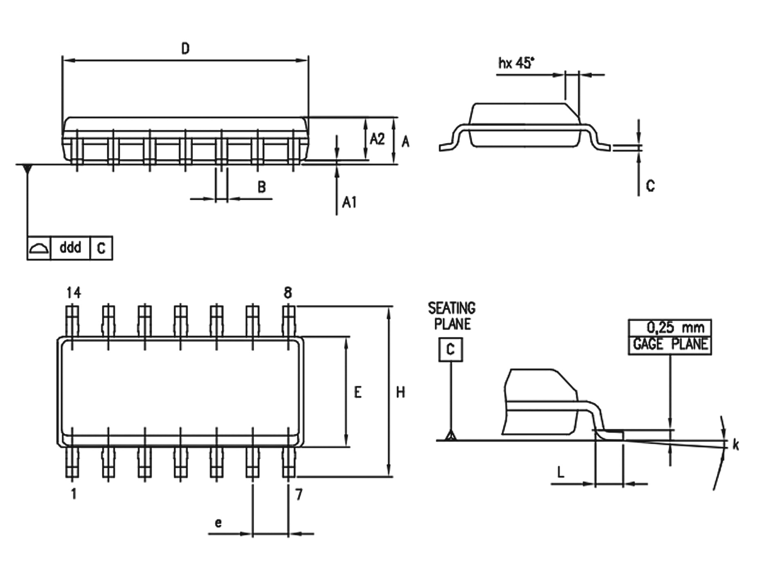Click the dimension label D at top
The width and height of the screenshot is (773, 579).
(185, 49)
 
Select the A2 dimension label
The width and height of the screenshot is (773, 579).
(377, 139)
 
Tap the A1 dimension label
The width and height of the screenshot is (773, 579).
(349, 202)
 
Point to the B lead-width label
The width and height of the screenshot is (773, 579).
(262, 187)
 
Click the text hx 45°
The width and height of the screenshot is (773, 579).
(516, 63)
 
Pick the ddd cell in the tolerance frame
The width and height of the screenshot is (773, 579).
(70, 248)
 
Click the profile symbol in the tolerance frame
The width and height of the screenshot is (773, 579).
(39, 248)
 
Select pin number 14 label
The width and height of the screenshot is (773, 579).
(74, 293)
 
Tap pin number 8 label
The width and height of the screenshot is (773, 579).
(288, 293)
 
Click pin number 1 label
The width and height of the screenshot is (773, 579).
(74, 494)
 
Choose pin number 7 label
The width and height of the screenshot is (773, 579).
(299, 495)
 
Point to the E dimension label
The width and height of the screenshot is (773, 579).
(357, 393)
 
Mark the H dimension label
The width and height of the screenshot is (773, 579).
(400, 393)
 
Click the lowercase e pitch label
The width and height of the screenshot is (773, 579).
(218, 523)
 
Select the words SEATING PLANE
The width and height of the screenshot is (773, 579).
(452, 316)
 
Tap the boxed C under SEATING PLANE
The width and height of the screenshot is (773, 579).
(450, 350)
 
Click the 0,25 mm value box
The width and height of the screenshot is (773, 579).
(670, 328)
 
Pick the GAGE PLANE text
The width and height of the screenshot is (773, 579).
(670, 344)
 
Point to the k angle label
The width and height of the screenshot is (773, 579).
(736, 445)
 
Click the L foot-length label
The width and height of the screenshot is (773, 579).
(561, 472)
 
